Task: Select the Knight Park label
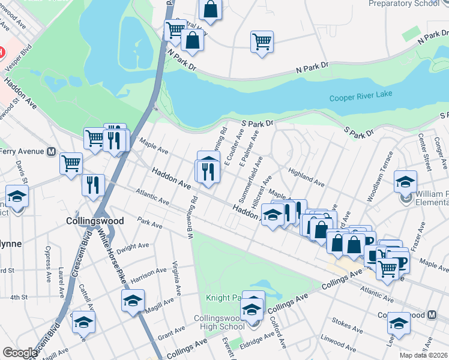click(223, 298)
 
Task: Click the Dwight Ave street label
click(133, 248)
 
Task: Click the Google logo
click(20, 353)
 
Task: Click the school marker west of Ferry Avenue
click(17, 196)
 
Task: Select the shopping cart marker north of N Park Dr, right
click(262, 41)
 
